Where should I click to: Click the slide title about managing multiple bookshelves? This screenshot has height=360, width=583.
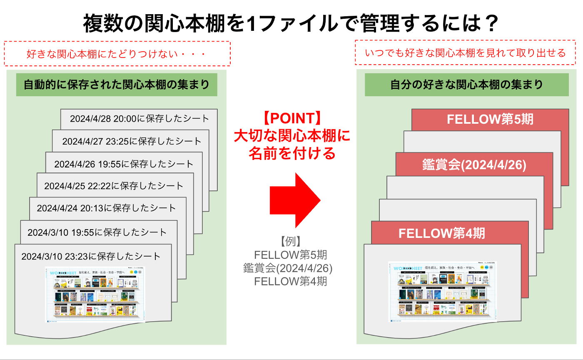click(x=291, y=23)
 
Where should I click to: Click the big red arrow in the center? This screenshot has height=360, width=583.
click(x=295, y=200)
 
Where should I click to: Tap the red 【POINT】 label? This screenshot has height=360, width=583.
click(x=291, y=118)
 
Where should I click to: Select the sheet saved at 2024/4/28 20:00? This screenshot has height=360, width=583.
click(x=139, y=118)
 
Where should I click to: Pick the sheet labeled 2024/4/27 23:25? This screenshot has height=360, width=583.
click(x=132, y=141)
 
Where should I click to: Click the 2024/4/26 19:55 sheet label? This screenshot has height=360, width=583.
click(x=124, y=164)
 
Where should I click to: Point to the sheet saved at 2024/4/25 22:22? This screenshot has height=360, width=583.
click(x=114, y=186)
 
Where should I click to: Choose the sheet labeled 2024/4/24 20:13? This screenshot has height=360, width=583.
click(x=106, y=208)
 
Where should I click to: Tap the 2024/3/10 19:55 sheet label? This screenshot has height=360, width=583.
click(x=97, y=232)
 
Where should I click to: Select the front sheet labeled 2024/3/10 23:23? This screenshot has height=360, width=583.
click(x=91, y=256)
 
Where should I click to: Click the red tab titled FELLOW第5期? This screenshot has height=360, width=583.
click(x=490, y=120)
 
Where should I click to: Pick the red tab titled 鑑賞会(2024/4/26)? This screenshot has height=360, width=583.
click(x=474, y=165)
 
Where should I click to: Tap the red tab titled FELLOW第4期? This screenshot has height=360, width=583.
click(x=441, y=233)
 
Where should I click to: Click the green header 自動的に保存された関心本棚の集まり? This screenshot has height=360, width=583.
click(x=117, y=85)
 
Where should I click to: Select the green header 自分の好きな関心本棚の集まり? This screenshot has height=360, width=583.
click(x=466, y=85)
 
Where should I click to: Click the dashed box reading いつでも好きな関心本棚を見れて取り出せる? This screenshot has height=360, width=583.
click(x=465, y=53)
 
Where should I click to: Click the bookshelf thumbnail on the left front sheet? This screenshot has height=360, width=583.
click(x=95, y=294)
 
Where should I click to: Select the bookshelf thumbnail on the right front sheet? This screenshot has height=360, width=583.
click(x=442, y=292)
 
